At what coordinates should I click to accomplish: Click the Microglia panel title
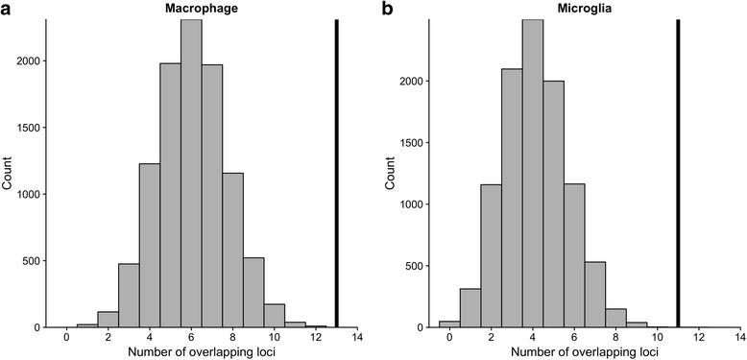click(x=573, y=9)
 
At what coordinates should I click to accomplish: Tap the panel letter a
click(x=8, y=9)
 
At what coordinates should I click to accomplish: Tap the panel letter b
click(x=386, y=9)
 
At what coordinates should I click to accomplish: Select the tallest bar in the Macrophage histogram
click(x=191, y=173)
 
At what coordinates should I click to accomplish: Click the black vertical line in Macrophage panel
click(x=337, y=173)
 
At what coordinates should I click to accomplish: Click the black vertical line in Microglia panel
click(x=678, y=173)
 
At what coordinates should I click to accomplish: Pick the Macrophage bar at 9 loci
click(x=253, y=292)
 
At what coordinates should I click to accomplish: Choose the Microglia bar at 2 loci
click(x=492, y=250)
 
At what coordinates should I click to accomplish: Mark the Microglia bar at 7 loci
click(x=595, y=292)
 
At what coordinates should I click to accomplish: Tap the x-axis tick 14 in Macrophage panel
click(x=357, y=339)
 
